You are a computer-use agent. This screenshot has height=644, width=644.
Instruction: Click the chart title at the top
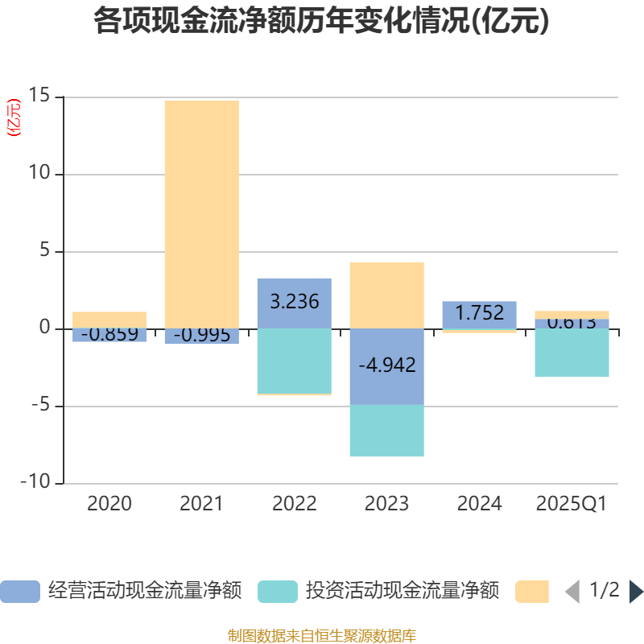pyautogui.click(x=321, y=22)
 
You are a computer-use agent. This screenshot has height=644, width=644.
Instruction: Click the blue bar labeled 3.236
pyautogui.click(x=294, y=303)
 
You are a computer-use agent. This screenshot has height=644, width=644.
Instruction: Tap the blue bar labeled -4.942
pyautogui.click(x=386, y=366)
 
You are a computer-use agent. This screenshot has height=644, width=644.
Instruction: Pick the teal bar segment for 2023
pyautogui.click(x=386, y=431)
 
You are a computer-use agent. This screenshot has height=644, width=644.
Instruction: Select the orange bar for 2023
pyautogui.click(x=386, y=295)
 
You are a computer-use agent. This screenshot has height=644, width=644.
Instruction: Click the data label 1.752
pyautogui.click(x=479, y=313)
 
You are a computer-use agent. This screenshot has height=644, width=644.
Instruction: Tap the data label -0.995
pyautogui.click(x=201, y=335)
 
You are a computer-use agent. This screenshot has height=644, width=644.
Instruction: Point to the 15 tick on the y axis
pyautogui.click(x=39, y=97)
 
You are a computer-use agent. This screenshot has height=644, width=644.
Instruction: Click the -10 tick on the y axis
pyautogui.click(x=35, y=483)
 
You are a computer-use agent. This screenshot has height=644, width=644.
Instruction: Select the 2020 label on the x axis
pyautogui.click(x=109, y=504)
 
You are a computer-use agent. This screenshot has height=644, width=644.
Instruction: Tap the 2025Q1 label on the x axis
pyautogui.click(x=571, y=504)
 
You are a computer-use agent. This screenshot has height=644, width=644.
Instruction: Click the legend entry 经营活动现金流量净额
pyautogui.click(x=145, y=591)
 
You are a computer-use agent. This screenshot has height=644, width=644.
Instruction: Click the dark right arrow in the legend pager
pyautogui.click(x=635, y=592)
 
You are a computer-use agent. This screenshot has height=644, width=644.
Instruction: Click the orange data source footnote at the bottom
pyautogui.click(x=321, y=635)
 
